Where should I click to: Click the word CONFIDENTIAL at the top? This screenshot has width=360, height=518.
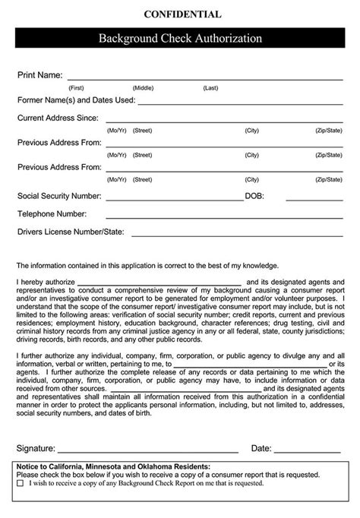180,14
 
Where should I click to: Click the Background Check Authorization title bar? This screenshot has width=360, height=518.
180,38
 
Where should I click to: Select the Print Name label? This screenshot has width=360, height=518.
39,76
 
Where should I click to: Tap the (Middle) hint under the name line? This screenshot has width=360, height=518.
143,88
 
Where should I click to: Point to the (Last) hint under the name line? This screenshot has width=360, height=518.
210,88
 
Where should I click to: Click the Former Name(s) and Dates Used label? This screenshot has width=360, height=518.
76,99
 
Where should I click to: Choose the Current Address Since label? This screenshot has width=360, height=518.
58,118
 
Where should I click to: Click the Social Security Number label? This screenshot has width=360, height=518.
60,196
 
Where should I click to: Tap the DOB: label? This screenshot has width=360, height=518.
254,196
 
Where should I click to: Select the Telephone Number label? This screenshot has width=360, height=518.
52,214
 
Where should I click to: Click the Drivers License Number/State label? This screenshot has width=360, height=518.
70,232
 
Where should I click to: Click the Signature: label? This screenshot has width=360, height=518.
36,448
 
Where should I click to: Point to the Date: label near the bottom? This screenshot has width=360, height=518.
261,448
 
